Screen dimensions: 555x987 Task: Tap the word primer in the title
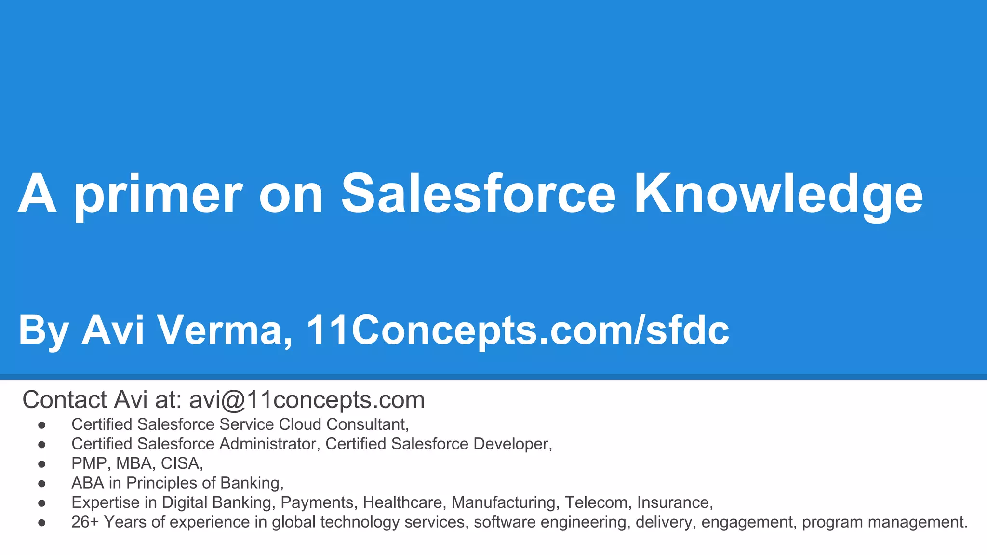[x=158, y=195]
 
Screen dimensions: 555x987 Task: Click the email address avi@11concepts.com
[x=307, y=400]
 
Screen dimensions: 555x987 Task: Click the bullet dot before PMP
[x=42, y=464]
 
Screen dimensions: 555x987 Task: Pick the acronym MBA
[x=135, y=463]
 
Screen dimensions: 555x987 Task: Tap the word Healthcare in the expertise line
[x=402, y=502]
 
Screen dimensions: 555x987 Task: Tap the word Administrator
[x=268, y=444]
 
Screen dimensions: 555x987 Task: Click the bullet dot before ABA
[x=42, y=483]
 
